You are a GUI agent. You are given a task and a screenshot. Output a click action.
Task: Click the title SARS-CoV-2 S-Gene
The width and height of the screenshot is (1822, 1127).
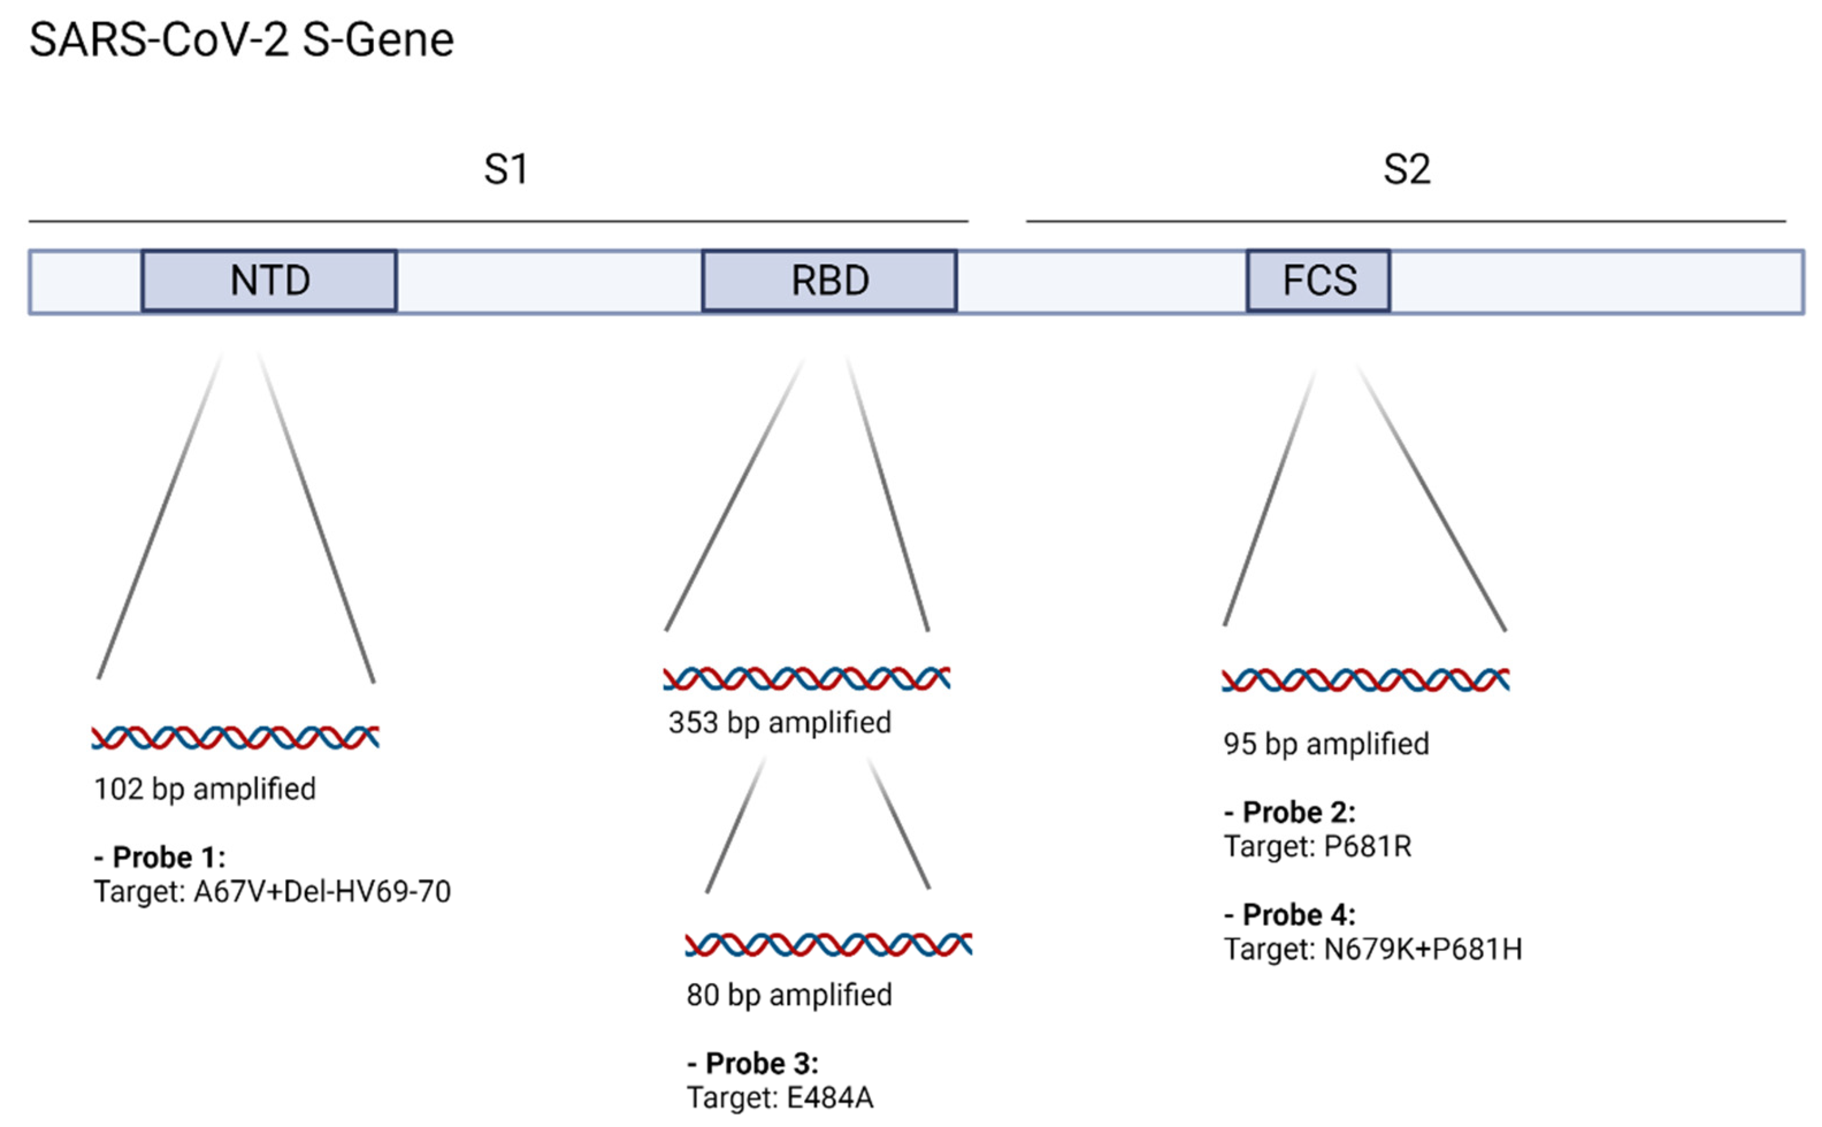[x=241, y=40]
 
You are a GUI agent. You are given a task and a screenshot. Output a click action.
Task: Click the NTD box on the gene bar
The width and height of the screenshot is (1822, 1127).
[x=269, y=281]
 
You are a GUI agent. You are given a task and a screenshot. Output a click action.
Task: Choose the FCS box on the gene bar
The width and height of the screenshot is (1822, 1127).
[x=1318, y=281]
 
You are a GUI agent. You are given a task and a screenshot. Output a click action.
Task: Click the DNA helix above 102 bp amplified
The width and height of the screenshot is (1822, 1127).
[x=235, y=737]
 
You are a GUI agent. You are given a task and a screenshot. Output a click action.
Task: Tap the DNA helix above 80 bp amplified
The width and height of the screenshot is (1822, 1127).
[x=828, y=944]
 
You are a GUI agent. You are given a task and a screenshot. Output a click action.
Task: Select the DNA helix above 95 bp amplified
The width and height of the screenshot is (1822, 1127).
[x=1365, y=680]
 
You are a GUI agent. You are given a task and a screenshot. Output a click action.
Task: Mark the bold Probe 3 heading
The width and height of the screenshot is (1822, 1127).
[x=752, y=1063]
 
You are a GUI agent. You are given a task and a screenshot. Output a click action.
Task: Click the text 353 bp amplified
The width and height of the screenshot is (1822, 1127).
[x=780, y=722]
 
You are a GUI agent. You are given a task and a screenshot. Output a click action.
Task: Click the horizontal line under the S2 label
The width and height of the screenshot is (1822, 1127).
[x=1406, y=221]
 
